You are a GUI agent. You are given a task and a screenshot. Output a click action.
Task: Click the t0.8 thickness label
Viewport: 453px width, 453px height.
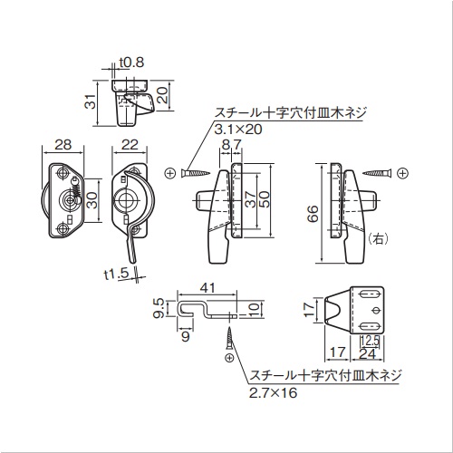coord(131,63)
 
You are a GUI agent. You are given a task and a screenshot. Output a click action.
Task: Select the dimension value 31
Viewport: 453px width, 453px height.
coord(91,101)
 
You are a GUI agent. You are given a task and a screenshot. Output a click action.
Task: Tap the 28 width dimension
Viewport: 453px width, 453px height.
coord(63,145)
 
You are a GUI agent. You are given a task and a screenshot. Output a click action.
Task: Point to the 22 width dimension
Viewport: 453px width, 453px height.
coord(130,145)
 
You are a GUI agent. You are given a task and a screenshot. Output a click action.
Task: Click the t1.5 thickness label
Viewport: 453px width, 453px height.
coord(116,275)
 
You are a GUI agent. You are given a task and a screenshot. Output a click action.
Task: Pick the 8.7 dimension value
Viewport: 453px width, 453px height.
coord(232,145)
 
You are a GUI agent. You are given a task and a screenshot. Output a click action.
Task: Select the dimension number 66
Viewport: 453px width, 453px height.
coord(313,214)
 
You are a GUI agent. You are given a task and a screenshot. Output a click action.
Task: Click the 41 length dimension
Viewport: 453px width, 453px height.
coord(207,287)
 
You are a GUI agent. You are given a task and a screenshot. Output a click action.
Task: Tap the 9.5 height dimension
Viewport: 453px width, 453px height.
coord(159,308)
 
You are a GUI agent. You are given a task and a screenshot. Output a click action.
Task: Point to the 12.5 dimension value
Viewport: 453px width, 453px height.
coord(370,341)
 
